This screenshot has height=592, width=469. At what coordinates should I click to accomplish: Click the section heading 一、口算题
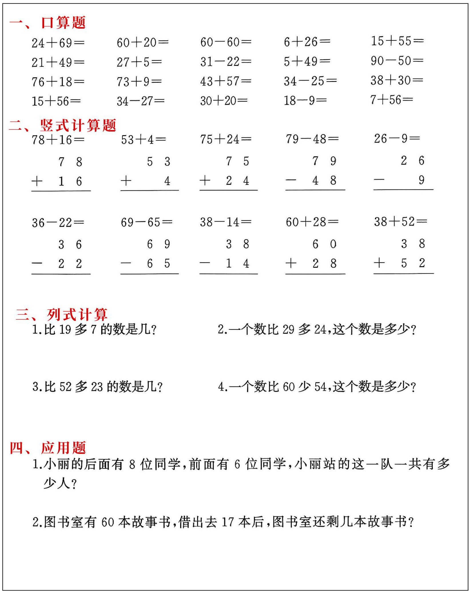47,23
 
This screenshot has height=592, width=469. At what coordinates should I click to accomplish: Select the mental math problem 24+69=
58,43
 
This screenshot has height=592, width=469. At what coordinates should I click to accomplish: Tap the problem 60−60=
226,42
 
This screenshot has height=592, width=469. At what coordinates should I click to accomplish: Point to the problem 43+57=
226,82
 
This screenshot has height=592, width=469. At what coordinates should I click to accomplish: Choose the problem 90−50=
397,61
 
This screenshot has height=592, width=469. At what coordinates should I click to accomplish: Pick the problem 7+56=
392,100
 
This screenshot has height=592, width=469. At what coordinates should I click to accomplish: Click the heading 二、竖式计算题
62,125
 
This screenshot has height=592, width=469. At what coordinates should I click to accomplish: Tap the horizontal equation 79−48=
312,139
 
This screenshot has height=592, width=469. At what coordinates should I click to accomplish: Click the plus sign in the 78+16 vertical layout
37,181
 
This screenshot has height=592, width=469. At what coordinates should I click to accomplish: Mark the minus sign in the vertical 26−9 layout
379,180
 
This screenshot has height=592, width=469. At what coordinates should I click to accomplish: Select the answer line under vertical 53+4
150,190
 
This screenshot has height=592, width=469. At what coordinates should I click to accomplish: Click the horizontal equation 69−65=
146,222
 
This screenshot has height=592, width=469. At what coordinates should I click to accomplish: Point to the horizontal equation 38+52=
400,222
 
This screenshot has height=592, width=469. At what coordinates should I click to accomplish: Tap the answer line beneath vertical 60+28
315,274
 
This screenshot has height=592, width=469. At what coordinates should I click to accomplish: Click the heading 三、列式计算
61,315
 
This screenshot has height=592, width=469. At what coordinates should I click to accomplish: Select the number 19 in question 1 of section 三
65,330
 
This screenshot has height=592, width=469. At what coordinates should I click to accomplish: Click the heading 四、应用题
47,448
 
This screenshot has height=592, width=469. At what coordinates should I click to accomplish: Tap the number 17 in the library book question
228,522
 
